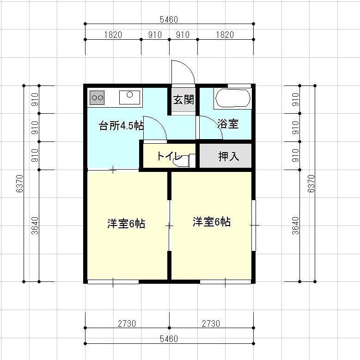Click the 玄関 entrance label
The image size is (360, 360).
pos(183,100)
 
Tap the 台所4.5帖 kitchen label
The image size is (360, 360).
pos(121,126)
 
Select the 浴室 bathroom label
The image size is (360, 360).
pos(228,124)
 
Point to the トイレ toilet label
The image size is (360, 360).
pos(170,156)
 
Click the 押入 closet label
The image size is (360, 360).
pos(229,156)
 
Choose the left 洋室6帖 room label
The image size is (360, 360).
pos(126,224)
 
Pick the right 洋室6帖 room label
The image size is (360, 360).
pos(212,222)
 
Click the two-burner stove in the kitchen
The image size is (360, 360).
pos(97,98)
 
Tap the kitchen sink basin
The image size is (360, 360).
pos(130,98)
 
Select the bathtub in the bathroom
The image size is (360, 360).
pos(232,98)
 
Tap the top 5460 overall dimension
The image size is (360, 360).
pos(169,19)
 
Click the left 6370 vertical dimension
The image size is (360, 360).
pos(20,183)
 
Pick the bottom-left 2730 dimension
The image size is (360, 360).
pos(127,324)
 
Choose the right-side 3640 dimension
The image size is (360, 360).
pos(296,226)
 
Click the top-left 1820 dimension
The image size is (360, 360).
pos(113,35)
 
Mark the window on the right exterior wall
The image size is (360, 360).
pos(253,226)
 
